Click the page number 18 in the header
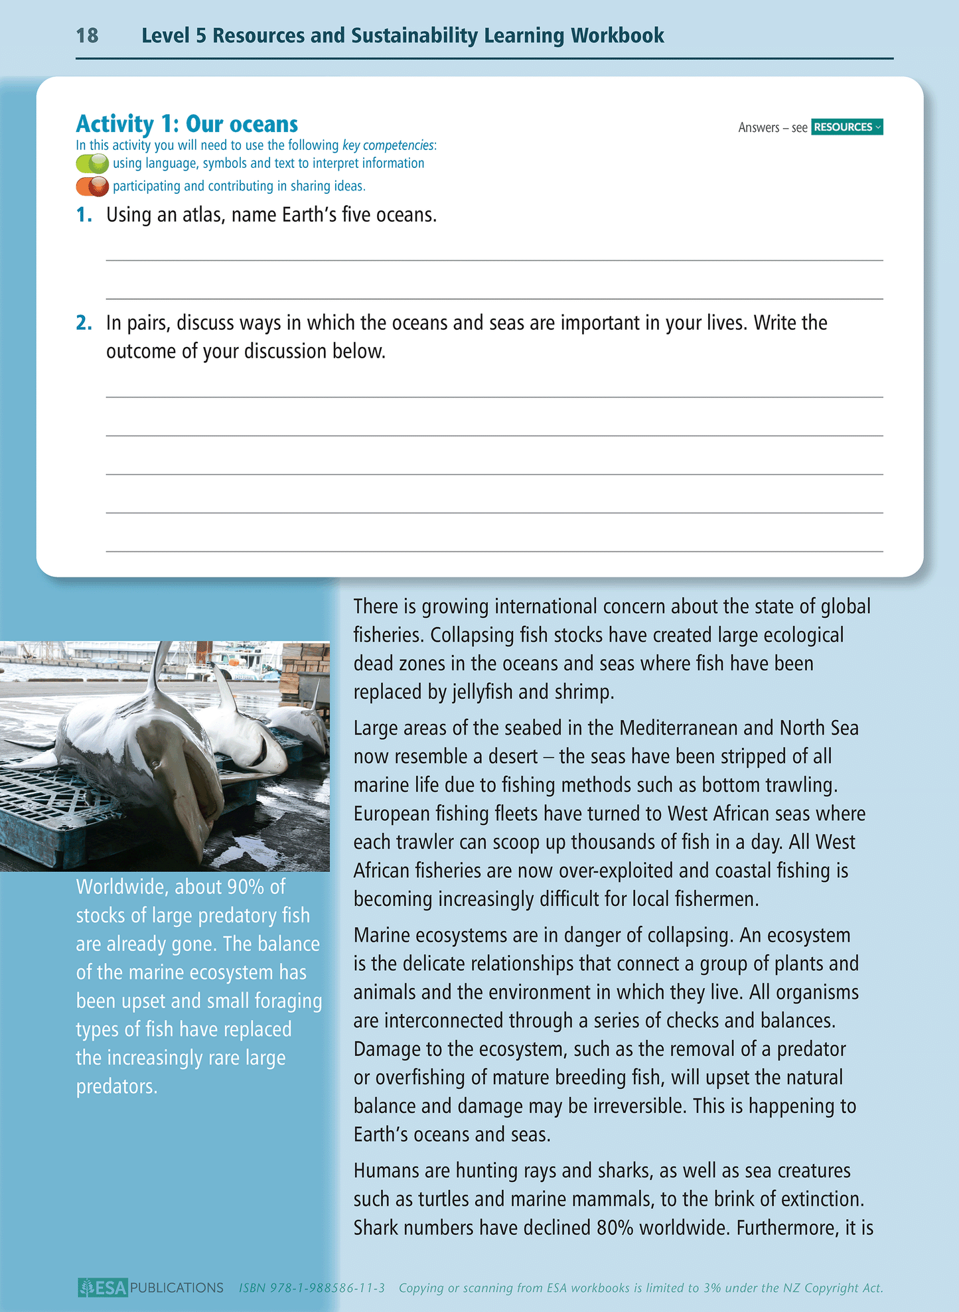tap(87, 35)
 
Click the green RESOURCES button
tap(846, 127)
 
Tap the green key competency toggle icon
tap(92, 163)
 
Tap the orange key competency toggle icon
tap(92, 186)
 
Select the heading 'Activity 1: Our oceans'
tap(186, 124)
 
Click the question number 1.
tap(84, 215)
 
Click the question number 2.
tap(84, 323)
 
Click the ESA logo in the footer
tap(103, 1287)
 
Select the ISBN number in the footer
tap(312, 1288)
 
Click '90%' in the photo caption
tap(246, 887)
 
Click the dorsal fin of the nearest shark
tap(159, 670)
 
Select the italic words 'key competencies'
tap(388, 145)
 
